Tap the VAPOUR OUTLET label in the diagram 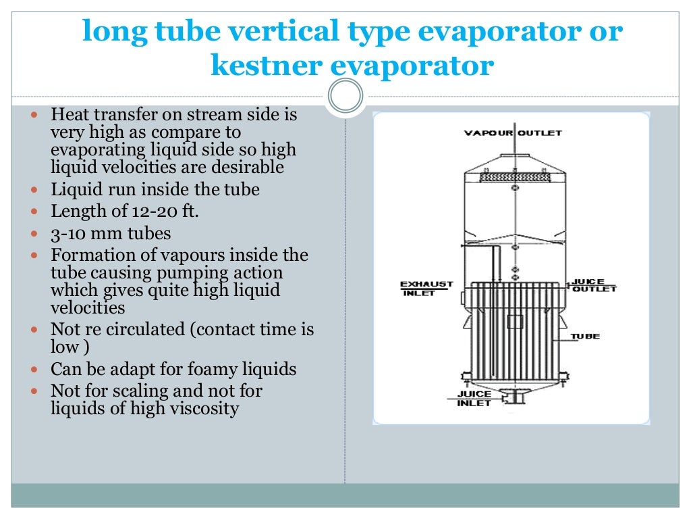point(513,133)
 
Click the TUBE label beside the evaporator point(585,336)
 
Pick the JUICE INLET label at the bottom point(474,399)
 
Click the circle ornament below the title point(345,96)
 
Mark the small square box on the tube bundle point(515,322)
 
